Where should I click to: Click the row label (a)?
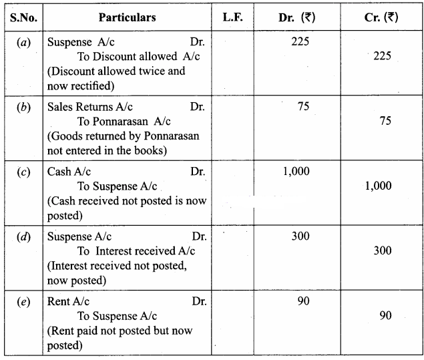[x=22, y=42]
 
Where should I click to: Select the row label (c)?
[x=22, y=172]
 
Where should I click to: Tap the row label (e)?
[x=22, y=301]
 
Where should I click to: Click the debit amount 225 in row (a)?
[x=301, y=42]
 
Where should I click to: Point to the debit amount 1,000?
[x=296, y=172]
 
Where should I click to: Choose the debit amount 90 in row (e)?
[x=303, y=301]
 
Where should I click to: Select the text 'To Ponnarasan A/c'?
[x=124, y=120]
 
